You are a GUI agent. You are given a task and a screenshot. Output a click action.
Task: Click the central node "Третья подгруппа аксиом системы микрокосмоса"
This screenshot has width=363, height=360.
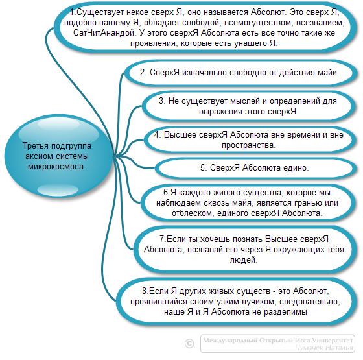coord(58,156)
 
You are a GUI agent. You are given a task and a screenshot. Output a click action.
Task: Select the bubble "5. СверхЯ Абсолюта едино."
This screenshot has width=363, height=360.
coord(255,168)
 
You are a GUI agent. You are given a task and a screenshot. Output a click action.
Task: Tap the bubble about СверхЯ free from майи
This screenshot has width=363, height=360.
coord(240,73)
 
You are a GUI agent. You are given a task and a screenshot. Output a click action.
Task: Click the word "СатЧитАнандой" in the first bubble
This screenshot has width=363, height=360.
coord(104,33)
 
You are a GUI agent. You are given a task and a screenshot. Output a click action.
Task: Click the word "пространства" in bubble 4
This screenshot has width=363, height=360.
coord(248,145)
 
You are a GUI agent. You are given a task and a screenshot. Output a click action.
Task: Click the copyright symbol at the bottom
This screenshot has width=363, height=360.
coord(189,343)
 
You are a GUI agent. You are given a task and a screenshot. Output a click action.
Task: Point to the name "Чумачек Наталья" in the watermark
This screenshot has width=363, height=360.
coord(324,348)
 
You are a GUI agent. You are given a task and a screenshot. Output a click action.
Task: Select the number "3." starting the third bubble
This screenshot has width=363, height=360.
coord(162,101)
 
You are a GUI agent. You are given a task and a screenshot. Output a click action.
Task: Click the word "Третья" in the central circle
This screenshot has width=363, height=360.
coord(36,146)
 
